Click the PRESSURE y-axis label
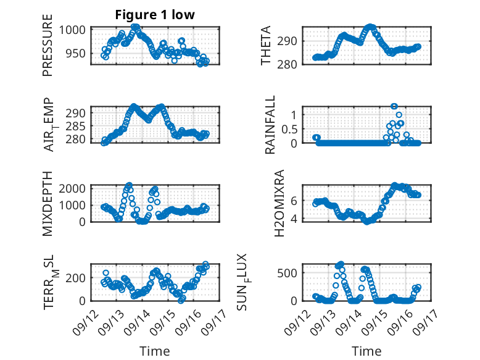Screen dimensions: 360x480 (48, 50)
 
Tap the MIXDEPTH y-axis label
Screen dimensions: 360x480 (48, 203)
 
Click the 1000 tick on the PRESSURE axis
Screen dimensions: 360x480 (76, 30)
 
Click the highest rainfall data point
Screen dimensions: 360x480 (394, 106)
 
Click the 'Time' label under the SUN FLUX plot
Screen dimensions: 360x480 (366, 351)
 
